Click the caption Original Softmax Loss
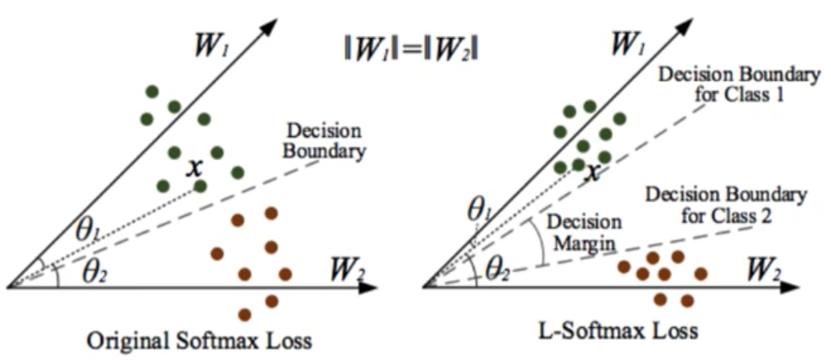coord(199,341)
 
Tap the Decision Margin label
coord(583,232)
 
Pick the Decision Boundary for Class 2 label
coord(725,205)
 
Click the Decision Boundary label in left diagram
coord(324,141)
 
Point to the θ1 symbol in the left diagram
coord(87,231)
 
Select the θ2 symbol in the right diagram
coord(496,267)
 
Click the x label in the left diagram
coord(194,166)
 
